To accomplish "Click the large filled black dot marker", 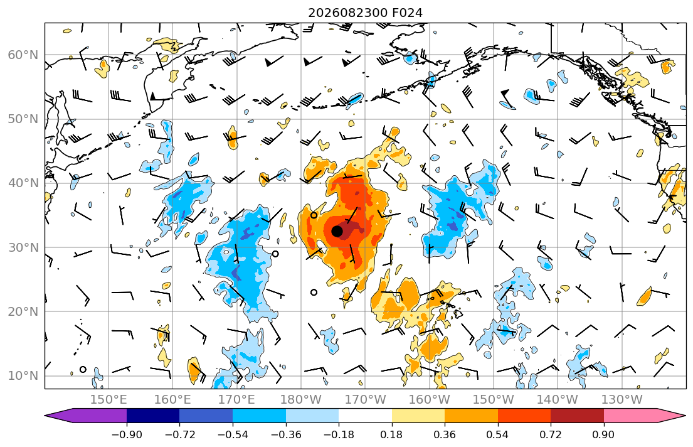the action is pyautogui.click(x=337, y=231).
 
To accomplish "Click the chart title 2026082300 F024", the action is pyautogui.click(x=365, y=13).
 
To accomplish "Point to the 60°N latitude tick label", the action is pyautogui.click(x=23, y=55).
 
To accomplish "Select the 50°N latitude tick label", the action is pyautogui.click(x=23, y=119).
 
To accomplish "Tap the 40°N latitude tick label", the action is pyautogui.click(x=23, y=183).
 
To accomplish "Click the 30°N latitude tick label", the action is pyautogui.click(x=23, y=247).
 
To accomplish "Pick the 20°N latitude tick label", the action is pyautogui.click(x=23, y=311).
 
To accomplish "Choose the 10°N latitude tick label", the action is pyautogui.click(x=23, y=376).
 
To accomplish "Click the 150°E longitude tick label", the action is pyautogui.click(x=108, y=400).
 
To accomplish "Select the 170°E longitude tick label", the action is pyautogui.click(x=237, y=400).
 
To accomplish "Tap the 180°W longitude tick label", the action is pyautogui.click(x=301, y=400).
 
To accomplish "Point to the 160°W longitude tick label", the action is pyautogui.click(x=430, y=400).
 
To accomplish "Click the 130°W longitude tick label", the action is pyautogui.click(x=622, y=400).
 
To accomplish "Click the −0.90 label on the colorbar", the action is pyautogui.click(x=127, y=434).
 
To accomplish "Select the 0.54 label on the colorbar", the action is pyautogui.click(x=498, y=434).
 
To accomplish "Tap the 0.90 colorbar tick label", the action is pyautogui.click(x=604, y=434).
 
